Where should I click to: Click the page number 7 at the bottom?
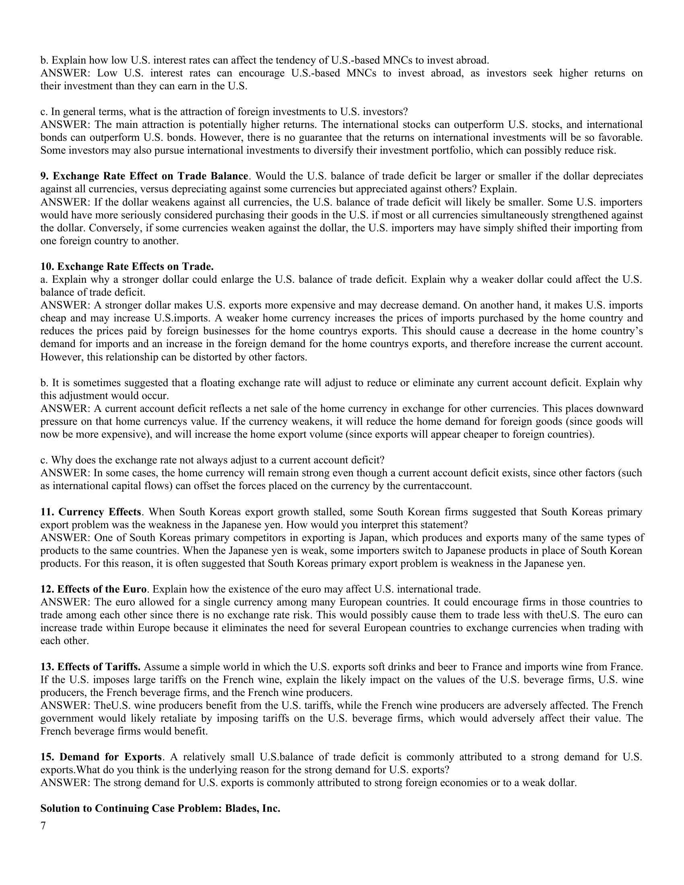click(x=43, y=825)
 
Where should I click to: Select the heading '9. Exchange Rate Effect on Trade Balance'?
click(x=144, y=176)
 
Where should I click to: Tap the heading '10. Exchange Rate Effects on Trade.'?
click(x=127, y=267)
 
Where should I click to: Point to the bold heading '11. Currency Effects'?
click(x=91, y=512)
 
